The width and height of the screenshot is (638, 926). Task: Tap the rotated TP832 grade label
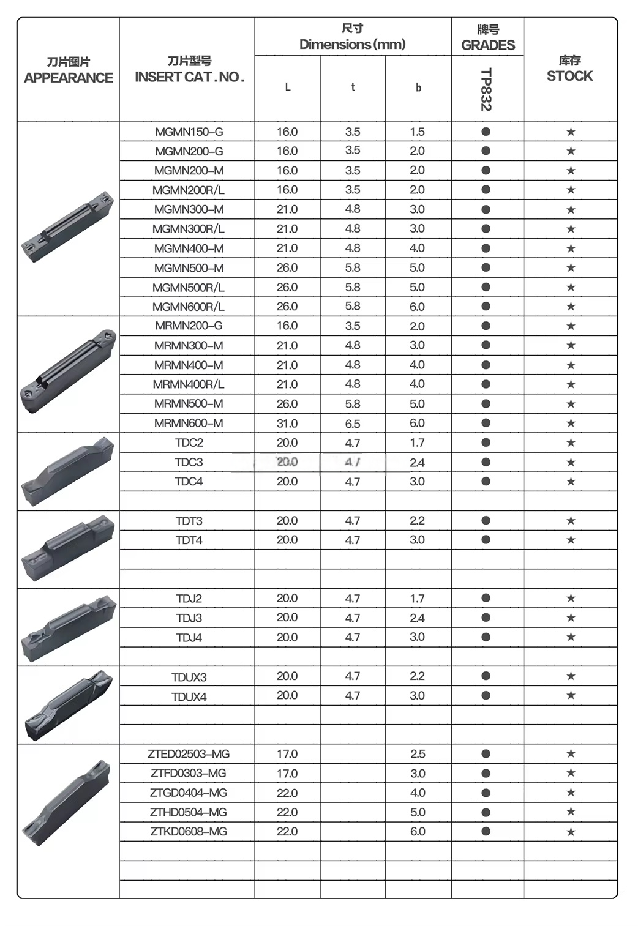coord(486,89)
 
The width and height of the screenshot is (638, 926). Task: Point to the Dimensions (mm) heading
coord(352,44)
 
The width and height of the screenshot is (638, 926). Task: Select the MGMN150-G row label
coord(189,132)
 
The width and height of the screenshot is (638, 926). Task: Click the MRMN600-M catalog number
coord(189,423)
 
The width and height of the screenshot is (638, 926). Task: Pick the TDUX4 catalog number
coord(189,696)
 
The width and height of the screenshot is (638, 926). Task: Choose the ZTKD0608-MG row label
coord(189,831)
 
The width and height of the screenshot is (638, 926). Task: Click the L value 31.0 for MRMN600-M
coord(287,423)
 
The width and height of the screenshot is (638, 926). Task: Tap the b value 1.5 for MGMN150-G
coord(417,132)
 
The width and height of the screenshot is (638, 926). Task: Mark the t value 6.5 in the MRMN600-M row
coord(353,423)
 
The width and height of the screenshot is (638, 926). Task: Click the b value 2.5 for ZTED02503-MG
coord(418,754)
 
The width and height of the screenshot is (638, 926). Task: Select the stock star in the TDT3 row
coord(571,520)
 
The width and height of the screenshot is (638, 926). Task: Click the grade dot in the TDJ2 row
coord(486,598)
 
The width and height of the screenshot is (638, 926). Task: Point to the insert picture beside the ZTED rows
coord(67,802)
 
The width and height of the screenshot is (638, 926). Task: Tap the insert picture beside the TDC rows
coord(67,471)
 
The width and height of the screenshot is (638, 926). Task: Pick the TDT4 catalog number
coord(189,540)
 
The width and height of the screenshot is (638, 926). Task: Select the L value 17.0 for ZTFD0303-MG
coord(287,773)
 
